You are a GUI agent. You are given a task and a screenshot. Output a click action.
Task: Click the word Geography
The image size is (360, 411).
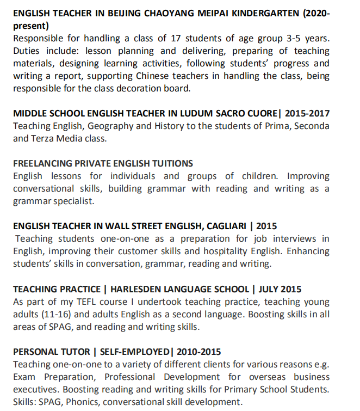click(101, 126)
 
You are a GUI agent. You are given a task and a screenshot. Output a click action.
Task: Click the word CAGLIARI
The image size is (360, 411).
click(224, 226)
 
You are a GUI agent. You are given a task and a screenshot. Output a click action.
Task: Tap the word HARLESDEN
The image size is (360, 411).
click(136, 289)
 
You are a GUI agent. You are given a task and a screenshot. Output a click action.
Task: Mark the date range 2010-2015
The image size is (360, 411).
click(198, 352)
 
